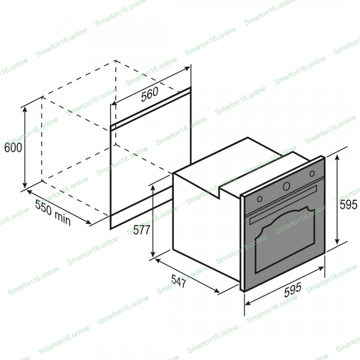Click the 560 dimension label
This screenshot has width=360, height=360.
coord(149,94)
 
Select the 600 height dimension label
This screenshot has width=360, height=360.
coord(13,148)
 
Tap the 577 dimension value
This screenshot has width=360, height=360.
coord(142,230)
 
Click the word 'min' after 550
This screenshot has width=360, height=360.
coord(62,218)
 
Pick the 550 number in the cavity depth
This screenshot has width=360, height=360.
coord(44,208)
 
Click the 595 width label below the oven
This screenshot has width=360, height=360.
coord(293,290)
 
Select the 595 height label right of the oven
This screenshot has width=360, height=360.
coord(349,205)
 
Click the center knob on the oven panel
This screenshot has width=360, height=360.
coord(286,186)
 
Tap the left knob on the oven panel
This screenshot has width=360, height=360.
coord(260,199)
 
